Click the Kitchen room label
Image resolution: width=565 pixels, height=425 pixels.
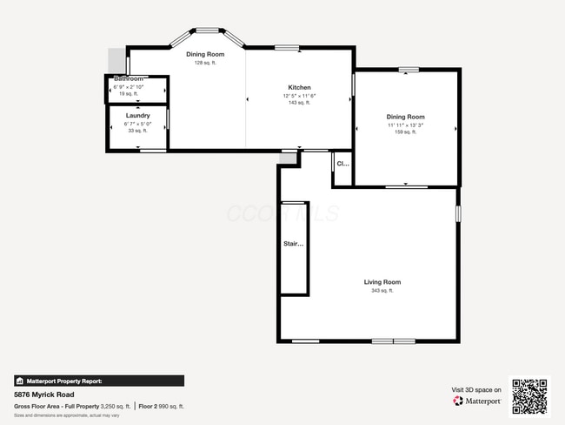click(299, 88)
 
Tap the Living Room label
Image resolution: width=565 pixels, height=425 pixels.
click(382, 282)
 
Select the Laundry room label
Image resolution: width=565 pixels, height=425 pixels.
click(137, 116)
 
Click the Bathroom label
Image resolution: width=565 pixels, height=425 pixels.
click(128, 79)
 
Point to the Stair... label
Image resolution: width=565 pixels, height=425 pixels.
click(295, 244)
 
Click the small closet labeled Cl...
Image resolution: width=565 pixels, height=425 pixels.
click(342, 164)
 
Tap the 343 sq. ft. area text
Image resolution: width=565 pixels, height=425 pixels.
click(382, 291)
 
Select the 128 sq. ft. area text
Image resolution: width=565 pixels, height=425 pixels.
click(205, 63)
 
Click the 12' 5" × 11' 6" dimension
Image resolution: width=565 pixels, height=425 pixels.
click(299, 96)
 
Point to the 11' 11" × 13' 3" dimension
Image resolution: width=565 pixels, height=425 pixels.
click(405, 125)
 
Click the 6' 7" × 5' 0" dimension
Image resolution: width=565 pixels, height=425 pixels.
click(137, 124)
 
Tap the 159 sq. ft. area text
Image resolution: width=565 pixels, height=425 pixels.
click(405, 133)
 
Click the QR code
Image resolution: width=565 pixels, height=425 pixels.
click(529, 396)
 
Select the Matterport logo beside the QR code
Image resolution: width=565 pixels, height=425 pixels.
click(477, 401)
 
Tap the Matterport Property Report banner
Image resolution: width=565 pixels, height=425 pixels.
click(98, 381)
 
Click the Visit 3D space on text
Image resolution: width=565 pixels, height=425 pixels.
click(476, 389)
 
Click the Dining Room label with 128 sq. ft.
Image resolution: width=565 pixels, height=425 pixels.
click(205, 54)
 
